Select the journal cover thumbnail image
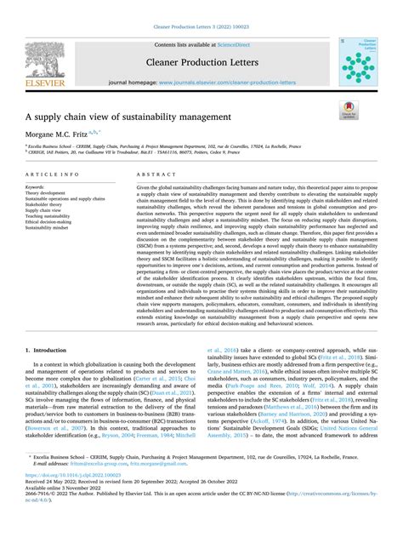click(x=357, y=61)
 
